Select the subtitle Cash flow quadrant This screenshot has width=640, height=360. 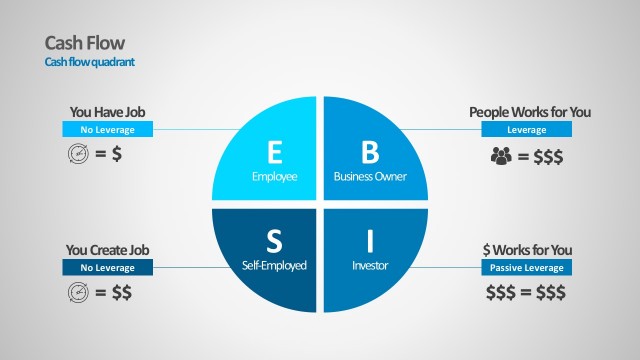(x=89, y=62)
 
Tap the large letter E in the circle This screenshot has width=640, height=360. (x=276, y=152)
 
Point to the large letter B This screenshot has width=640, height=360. (x=370, y=152)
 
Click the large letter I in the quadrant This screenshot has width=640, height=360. (x=370, y=241)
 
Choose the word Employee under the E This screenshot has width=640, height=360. (x=275, y=177)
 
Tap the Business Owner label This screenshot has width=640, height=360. (x=370, y=177)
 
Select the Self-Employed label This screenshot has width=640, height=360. (x=274, y=266)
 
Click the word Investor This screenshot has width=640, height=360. (x=370, y=266)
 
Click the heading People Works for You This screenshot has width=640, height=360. (x=530, y=112)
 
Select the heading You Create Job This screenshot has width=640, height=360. (x=108, y=250)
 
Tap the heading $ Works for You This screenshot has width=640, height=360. (x=527, y=250)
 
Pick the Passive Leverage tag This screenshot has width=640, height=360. (x=527, y=268)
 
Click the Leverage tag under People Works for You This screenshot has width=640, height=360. (x=527, y=130)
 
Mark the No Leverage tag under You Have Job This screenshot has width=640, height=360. (x=108, y=130)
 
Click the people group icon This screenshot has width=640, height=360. (x=501, y=155)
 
